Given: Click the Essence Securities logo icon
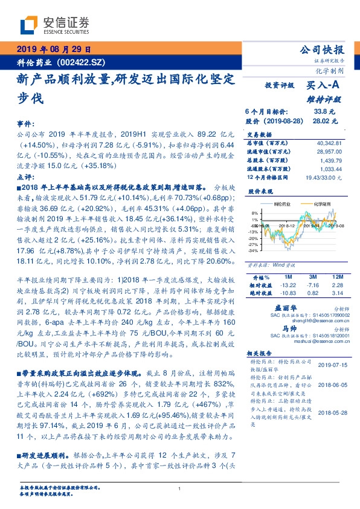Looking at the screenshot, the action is click(29, 25).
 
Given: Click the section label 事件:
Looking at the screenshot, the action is click(27, 122).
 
